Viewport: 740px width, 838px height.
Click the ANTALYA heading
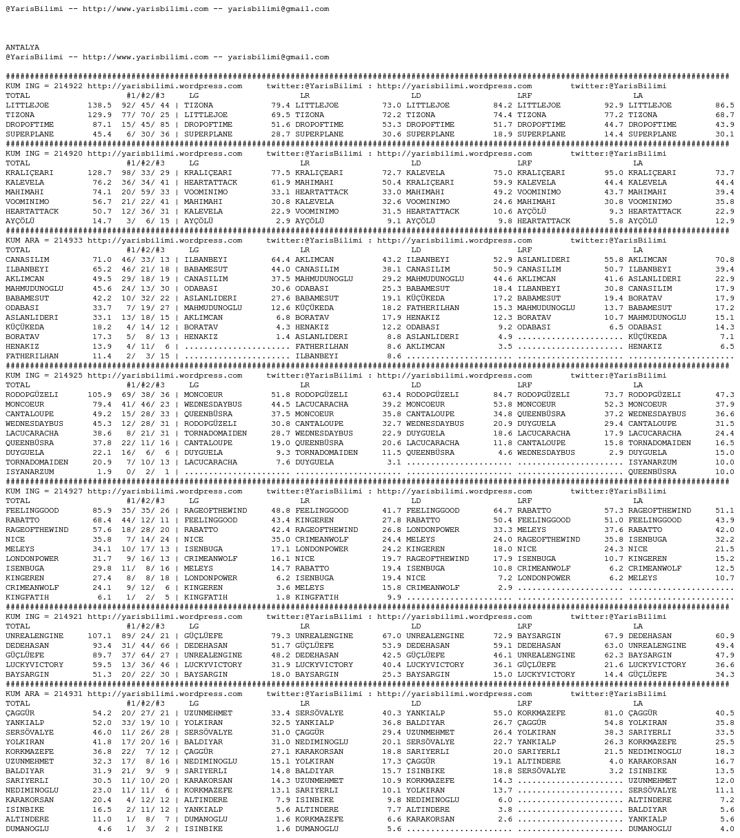[x=23, y=48]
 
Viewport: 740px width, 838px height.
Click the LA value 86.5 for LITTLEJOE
[x=725, y=105]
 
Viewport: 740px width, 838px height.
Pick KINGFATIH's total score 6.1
[x=104, y=597]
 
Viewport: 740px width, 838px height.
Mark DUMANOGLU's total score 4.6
[x=104, y=829]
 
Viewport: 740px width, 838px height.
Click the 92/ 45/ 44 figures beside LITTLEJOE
[x=146, y=105]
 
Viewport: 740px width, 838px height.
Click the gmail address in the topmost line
[x=278, y=9]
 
